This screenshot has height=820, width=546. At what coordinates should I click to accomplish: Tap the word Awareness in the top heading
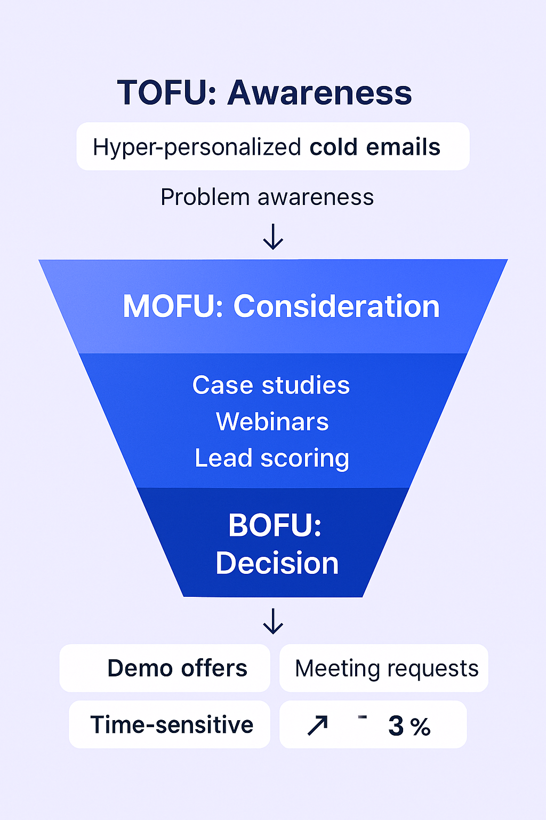tap(320, 93)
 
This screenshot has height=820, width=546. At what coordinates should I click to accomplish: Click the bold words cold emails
tap(375, 147)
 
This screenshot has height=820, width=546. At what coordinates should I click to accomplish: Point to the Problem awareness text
tap(267, 198)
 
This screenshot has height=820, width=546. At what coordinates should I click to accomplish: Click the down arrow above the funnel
tap(273, 237)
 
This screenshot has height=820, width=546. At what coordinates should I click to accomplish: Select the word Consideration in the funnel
tap(336, 306)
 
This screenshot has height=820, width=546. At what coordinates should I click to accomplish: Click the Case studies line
tap(271, 385)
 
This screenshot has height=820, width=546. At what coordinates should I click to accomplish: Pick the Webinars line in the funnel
tap(272, 422)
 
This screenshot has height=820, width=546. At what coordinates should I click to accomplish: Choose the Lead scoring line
tap(272, 458)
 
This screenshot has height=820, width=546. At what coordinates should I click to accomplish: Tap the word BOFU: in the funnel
tap(275, 525)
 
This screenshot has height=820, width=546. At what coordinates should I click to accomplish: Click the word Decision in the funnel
tap(277, 563)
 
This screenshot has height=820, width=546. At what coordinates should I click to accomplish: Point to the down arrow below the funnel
tap(273, 621)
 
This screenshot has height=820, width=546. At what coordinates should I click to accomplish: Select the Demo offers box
tap(165, 668)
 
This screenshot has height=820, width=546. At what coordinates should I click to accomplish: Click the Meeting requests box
tap(384, 668)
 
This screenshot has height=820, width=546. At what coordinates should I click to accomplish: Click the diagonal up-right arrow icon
tap(318, 726)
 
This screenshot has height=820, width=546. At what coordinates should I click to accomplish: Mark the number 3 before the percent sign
tap(396, 726)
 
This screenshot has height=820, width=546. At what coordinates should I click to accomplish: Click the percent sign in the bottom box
tap(421, 727)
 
